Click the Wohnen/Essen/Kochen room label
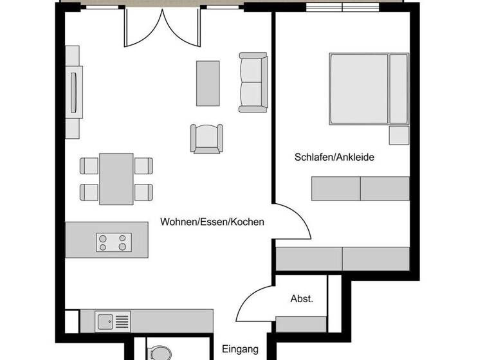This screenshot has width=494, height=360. tap(212, 222)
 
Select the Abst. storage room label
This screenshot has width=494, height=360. tap(302, 298)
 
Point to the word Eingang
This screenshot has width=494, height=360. tap(241, 350)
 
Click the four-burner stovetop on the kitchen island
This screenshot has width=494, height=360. tap(114, 242)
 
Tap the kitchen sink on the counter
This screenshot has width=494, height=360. tap(105, 320)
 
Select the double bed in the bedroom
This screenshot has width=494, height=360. tap(368, 89)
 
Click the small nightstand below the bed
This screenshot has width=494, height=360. tap(398, 135)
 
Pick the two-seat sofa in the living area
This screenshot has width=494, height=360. tap(252, 82)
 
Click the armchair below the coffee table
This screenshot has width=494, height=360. tap(206, 138)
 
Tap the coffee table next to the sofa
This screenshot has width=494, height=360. tap(207, 82)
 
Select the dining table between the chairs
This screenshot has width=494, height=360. tap(116, 178)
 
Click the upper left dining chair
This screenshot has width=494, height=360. tap(89, 166)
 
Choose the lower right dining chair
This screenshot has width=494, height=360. tap(143, 191)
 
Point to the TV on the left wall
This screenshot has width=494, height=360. tap(74, 92)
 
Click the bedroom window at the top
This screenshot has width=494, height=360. tap(343, 7)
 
